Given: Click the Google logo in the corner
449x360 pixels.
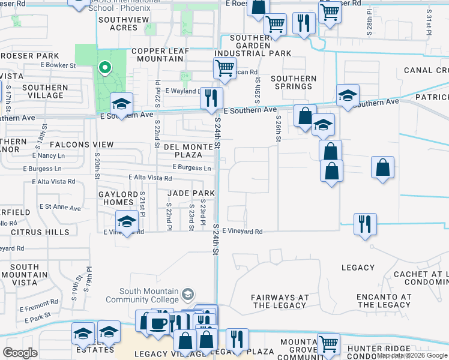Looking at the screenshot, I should [x=20, y=353].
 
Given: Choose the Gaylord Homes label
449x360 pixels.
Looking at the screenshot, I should [x=119, y=198].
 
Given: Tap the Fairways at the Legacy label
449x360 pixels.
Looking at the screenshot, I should [x=279, y=301].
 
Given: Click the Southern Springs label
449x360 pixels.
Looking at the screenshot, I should [x=294, y=82].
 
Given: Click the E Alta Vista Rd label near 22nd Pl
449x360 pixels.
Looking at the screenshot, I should [x=151, y=178].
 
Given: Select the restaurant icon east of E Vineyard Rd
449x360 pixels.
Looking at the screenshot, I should [x=365, y=224].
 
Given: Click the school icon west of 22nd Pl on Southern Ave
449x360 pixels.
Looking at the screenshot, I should [x=121, y=104].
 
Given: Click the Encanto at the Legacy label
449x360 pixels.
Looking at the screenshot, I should [x=384, y=301].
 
